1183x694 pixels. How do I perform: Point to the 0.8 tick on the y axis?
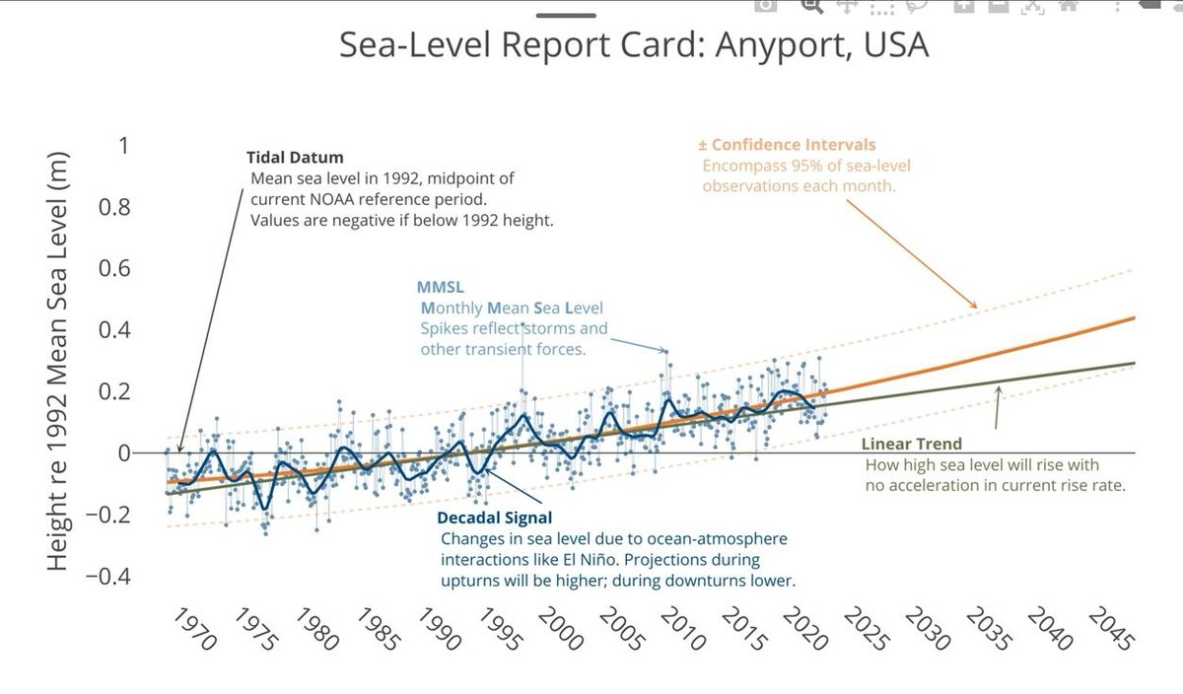116,207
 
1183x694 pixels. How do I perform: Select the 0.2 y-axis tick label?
116,390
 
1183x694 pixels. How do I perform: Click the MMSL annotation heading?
436,287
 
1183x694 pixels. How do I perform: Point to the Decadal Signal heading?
494,517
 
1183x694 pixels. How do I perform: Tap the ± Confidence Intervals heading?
786,145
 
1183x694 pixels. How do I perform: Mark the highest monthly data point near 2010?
666,351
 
